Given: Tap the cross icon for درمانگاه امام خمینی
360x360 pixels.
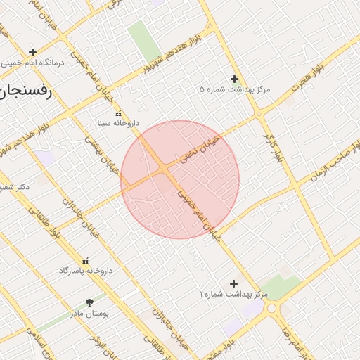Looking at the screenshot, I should tap(32, 52).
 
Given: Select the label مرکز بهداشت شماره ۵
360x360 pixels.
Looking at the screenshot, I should tap(235, 90).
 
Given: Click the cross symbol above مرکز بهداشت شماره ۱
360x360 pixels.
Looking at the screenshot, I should tap(234, 283).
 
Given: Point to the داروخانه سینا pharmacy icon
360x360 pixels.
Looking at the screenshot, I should tap(117, 112).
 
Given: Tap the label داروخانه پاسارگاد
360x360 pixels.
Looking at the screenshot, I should tap(86, 271).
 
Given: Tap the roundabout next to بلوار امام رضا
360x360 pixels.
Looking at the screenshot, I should tap(287, 308).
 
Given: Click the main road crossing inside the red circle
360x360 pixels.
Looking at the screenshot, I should tap(163, 168).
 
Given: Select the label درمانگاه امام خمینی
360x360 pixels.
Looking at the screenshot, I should tap(32, 63).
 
